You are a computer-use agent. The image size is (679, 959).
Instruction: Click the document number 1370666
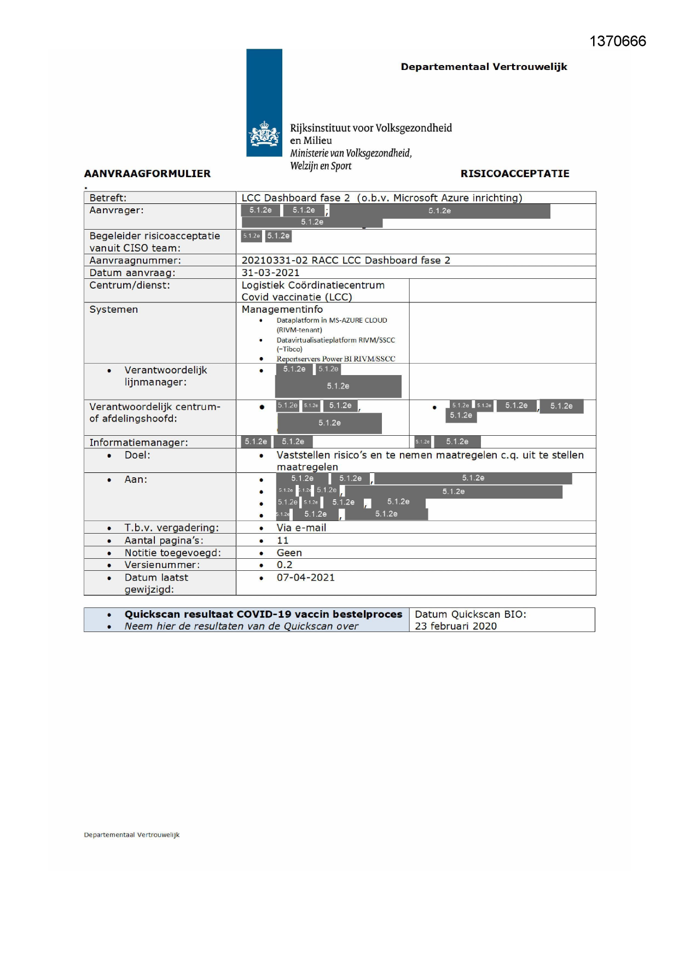pos(617,42)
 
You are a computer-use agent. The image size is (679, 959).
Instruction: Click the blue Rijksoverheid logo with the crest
pos(264,103)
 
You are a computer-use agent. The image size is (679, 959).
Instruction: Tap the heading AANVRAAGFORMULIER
pos(147,174)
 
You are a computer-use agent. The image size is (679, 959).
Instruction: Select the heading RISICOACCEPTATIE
pos(514,174)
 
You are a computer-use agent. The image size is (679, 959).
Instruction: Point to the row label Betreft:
pos(108,198)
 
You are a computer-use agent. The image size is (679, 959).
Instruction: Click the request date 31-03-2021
pos(270,273)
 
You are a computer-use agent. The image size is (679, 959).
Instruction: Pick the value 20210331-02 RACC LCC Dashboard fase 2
pos(345,260)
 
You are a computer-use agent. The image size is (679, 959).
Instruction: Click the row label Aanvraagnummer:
pos(135,260)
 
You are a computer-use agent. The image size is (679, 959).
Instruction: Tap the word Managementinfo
pos(282,309)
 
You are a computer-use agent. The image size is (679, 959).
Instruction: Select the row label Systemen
pos(114,309)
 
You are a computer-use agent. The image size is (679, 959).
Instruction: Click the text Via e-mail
pos(301,528)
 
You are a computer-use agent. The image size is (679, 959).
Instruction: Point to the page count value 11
pos(282,540)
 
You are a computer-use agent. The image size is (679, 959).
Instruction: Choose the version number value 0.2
pos(284,565)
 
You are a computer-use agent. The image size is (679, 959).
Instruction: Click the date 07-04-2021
pos(305,577)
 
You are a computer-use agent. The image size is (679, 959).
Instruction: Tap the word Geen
pos(289,553)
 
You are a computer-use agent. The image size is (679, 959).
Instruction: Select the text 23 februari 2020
pos(455,626)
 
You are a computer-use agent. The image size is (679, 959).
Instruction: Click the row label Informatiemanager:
pos(138,442)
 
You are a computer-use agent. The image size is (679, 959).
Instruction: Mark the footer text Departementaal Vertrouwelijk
pos(131,835)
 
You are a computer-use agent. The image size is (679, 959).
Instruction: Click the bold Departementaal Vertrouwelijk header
pos(484,67)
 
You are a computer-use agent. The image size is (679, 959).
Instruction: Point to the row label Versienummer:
pos(162,565)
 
